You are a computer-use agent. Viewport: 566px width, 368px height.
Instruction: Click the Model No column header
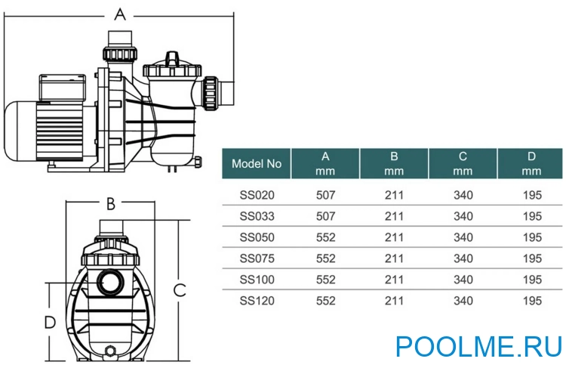pos(257,163)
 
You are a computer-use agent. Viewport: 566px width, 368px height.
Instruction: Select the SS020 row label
pos(257,195)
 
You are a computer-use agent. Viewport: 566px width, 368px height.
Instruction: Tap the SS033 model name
pos(257,216)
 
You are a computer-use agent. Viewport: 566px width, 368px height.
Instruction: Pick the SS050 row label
pos(257,237)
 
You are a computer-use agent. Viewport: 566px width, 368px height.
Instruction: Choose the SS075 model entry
pos(257,258)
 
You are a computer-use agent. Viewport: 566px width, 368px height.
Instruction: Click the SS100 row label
pos(257,280)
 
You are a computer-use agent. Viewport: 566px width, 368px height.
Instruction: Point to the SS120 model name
pos(257,301)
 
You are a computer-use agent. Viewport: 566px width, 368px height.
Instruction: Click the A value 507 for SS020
pos(325,195)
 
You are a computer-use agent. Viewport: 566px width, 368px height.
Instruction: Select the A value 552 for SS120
pos(325,301)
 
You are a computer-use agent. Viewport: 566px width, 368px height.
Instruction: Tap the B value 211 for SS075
pos(394,258)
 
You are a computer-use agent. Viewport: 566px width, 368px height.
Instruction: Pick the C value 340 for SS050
pos(463,237)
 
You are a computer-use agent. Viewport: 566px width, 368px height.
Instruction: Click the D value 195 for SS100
pos(532,280)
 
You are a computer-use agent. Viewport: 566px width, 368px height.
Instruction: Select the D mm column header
pos(532,163)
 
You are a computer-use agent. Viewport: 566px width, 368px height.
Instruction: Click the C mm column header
pos(463,163)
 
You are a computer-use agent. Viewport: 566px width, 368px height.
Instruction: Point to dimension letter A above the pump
pos(119,13)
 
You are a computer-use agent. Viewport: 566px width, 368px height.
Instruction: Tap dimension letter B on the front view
pos(110,203)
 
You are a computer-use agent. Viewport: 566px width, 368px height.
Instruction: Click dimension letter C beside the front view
pos(180,289)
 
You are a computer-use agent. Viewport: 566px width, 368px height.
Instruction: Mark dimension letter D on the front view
pos(50,323)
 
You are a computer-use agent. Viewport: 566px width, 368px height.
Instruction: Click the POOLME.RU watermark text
pos(479,346)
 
